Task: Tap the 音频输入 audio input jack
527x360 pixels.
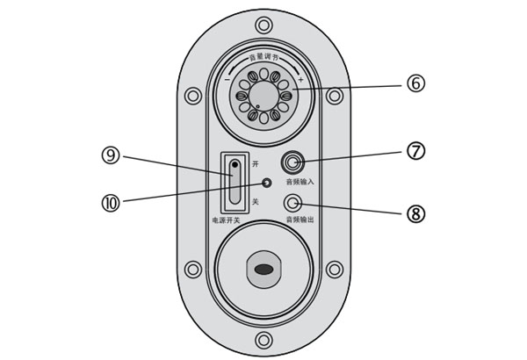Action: pos(292,162)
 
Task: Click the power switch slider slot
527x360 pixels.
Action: pos(235,181)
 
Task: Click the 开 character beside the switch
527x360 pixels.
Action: pos(256,165)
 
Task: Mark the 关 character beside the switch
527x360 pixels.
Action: pos(256,202)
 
